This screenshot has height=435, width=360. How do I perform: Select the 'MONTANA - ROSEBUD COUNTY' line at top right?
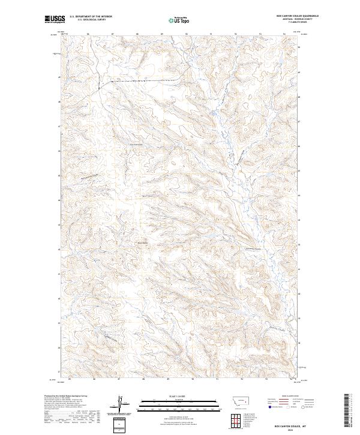(296, 19)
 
